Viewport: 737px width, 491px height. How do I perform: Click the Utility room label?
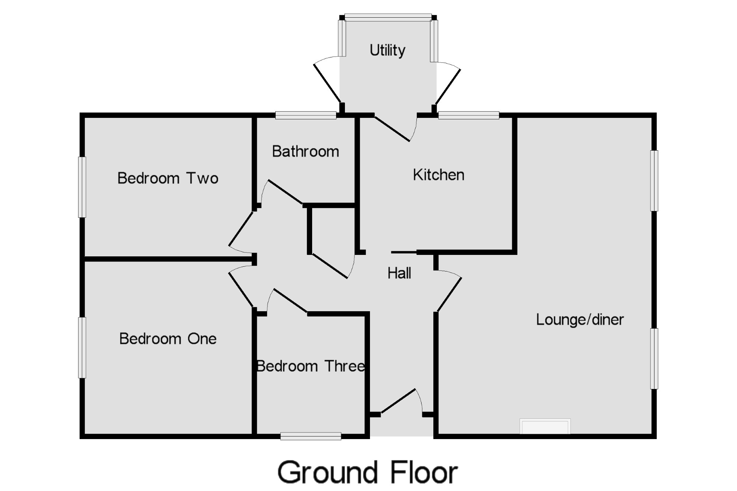tap(387, 50)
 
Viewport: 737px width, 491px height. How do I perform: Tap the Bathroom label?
tap(305, 151)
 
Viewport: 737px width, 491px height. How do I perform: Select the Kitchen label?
tap(439, 175)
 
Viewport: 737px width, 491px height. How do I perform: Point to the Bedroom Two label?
tap(168, 178)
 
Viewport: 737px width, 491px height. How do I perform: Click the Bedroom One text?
tap(168, 339)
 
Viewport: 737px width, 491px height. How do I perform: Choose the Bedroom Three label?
tap(311, 366)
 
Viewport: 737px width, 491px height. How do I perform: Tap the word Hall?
tap(399, 273)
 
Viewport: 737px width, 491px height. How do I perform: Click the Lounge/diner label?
tap(580, 320)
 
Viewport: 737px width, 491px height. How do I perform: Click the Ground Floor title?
tap(367, 472)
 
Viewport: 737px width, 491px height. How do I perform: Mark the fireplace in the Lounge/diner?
tap(545, 427)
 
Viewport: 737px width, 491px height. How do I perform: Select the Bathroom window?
tap(306, 115)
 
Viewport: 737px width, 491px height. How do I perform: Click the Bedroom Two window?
tap(82, 187)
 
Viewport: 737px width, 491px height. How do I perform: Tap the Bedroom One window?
tap(82, 347)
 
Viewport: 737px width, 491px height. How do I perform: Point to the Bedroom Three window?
tap(311, 436)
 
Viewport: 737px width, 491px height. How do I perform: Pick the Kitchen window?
tap(468, 115)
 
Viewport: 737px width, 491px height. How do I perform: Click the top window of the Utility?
tap(388, 17)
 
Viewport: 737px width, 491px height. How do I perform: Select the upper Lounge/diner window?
tap(654, 180)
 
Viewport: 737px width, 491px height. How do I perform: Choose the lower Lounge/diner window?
tap(654, 358)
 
